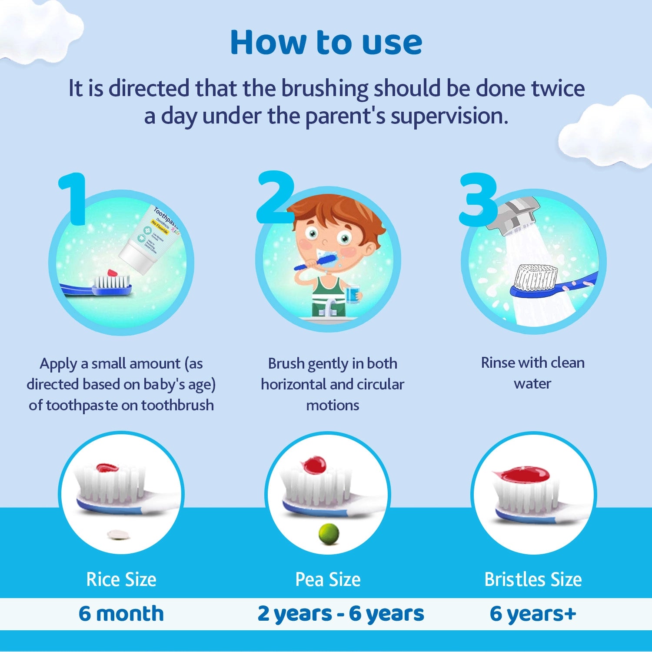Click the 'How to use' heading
326,43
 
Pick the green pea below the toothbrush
329,534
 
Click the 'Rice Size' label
121,579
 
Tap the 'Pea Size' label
328,579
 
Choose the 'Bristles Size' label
533,579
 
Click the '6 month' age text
121,613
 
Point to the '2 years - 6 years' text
340,613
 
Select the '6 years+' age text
533,613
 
